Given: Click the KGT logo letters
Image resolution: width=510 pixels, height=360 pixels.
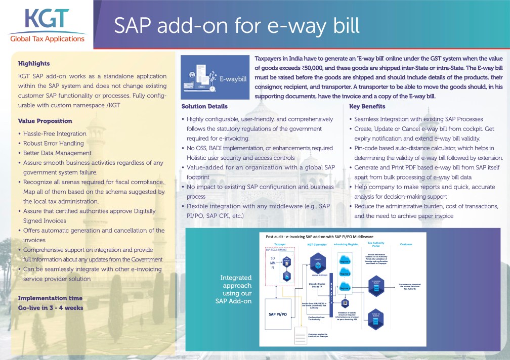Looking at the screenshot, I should tap(47, 20).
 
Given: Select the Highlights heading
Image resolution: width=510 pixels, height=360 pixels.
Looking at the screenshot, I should tap(34, 64).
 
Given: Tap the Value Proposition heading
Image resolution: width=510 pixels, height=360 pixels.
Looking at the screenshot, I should tap(45, 121).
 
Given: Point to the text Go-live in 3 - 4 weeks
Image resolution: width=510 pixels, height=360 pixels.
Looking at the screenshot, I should tap(51, 307).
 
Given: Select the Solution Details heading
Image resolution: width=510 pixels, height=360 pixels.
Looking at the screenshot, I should tap(204, 107).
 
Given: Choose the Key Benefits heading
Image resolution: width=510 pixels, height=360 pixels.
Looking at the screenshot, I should tap(367, 107).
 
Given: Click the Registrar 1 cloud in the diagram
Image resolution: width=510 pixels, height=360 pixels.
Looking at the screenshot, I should tap(345, 261).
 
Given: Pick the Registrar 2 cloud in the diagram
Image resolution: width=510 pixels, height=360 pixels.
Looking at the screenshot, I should tap(345, 274).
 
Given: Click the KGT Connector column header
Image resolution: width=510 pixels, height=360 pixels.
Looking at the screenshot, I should tap(317, 244).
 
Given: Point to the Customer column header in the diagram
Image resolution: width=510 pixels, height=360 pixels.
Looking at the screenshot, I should tap(406, 244).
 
